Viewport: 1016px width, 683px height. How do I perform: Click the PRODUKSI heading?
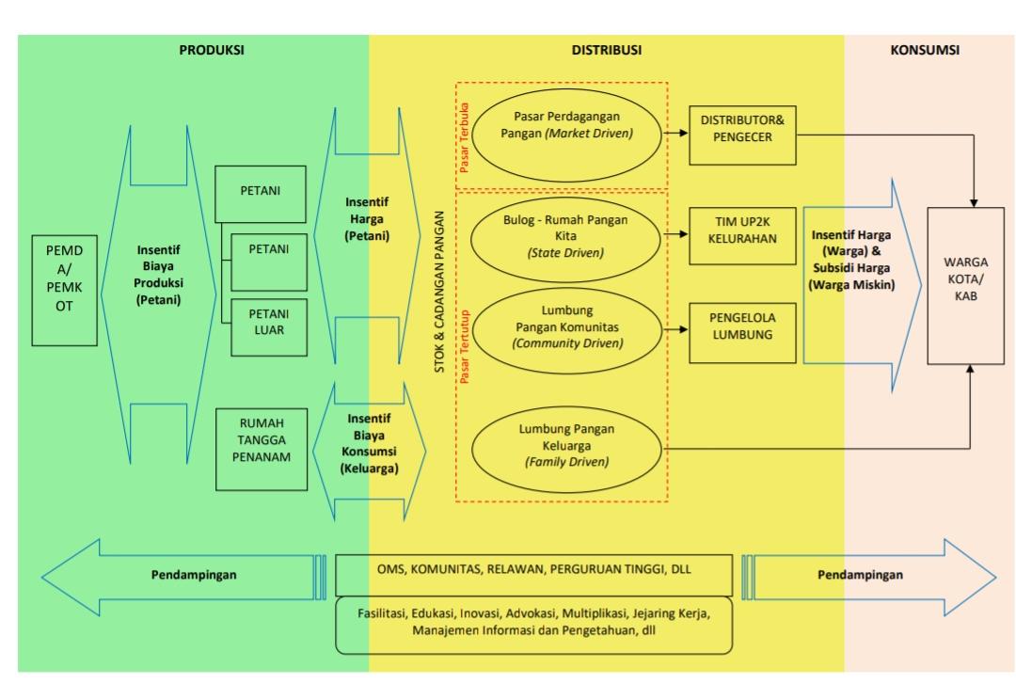[212, 51]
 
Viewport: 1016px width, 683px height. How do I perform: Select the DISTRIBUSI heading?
[607, 51]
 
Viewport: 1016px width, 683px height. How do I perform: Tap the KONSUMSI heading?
[925, 51]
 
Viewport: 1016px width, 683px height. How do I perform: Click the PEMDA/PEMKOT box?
[65, 278]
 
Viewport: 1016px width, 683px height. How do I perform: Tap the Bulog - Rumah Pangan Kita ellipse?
[566, 235]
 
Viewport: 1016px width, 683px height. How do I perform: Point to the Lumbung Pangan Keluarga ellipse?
[566, 445]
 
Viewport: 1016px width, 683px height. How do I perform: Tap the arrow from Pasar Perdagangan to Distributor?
[675, 133]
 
